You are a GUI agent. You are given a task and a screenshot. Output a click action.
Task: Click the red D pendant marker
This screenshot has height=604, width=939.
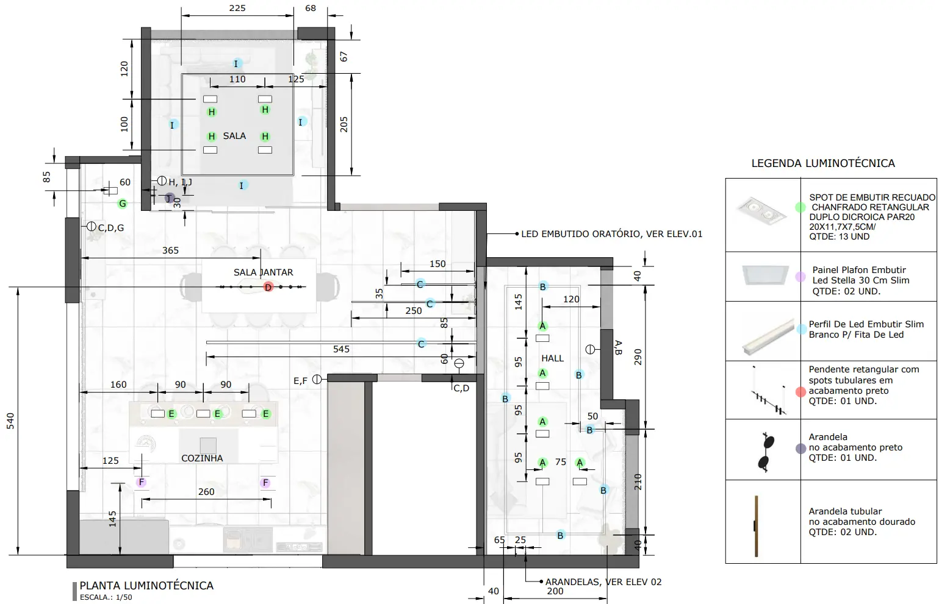click(268, 287)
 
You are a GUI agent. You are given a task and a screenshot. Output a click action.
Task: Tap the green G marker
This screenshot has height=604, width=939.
click(123, 204)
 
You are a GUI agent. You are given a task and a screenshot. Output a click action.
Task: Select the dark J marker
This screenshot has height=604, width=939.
click(170, 198)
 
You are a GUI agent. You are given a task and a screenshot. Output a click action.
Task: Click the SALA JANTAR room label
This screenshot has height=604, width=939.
click(263, 272)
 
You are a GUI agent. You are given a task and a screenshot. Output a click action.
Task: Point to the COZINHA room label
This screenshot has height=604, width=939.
click(202, 458)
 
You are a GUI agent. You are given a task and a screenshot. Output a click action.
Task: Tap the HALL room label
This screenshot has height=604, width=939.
click(553, 358)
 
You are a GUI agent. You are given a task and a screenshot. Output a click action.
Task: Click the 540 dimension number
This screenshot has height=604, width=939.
click(10, 421)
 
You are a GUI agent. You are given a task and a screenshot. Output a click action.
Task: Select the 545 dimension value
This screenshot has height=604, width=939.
click(341, 349)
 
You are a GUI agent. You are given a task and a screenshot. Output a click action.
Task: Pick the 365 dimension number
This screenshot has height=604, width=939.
click(171, 250)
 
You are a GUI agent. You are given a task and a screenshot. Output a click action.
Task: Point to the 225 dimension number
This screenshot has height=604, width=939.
click(237, 8)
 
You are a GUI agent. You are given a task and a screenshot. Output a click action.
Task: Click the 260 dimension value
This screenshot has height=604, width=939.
click(206, 492)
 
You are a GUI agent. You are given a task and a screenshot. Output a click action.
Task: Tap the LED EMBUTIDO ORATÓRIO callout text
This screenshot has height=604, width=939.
click(611, 234)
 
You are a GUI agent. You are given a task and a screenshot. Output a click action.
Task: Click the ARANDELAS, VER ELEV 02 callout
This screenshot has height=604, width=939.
click(603, 582)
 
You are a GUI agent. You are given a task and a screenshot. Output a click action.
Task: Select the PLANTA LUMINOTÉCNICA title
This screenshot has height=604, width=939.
click(146, 586)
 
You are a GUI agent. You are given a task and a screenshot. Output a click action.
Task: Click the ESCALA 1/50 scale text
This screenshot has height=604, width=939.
click(106, 597)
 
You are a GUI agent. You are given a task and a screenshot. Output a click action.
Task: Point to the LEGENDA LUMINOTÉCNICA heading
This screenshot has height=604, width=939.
click(823, 163)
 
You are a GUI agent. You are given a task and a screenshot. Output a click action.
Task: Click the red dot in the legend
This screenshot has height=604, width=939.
click(800, 392)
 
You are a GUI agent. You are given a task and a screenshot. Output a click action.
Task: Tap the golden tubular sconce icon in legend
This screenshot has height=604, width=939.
click(756, 526)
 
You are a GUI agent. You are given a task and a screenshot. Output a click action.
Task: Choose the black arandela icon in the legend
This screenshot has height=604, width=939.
click(766, 452)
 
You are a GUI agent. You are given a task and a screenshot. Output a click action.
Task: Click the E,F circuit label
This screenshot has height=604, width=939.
click(300, 381)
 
